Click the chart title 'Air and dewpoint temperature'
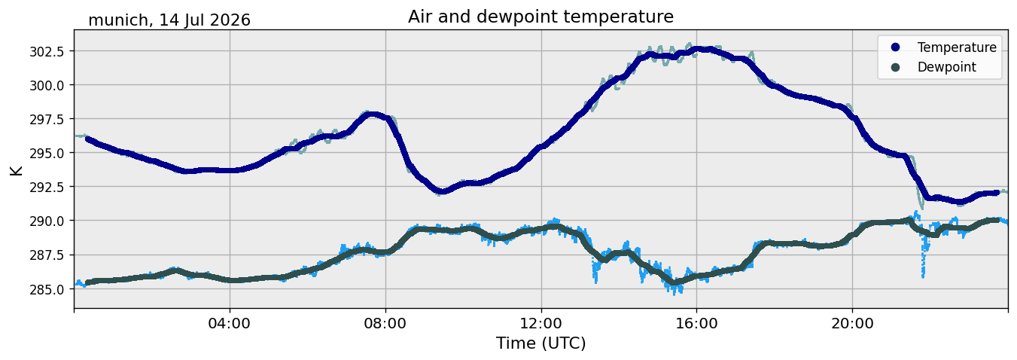click(x=540, y=17)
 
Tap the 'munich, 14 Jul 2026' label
click(x=169, y=20)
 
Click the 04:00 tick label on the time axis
click(x=230, y=323)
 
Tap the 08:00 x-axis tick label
click(x=385, y=323)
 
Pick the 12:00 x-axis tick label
click(x=541, y=323)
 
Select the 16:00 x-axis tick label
click(x=697, y=323)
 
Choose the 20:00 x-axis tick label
click(x=853, y=323)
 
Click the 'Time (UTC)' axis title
click(x=540, y=343)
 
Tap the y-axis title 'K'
click(x=16, y=171)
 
